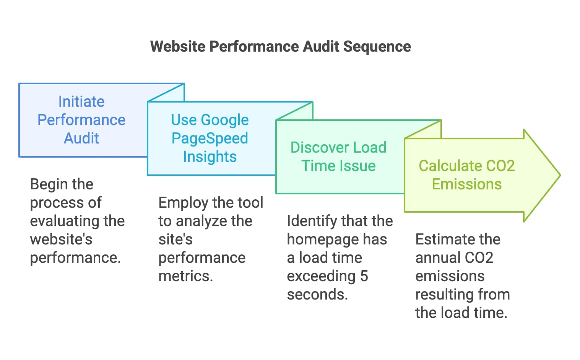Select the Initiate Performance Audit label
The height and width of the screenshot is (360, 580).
(x=81, y=120)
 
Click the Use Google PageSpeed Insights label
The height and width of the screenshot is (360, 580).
(x=210, y=138)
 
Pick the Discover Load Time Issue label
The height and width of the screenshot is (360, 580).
(x=338, y=156)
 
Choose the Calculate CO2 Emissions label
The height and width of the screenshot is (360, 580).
(x=466, y=175)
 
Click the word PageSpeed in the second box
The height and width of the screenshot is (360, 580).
(x=210, y=138)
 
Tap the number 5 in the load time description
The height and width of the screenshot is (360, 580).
(x=364, y=276)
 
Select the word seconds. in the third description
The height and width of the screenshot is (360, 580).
(x=317, y=294)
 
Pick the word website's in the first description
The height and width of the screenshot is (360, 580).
(x=61, y=239)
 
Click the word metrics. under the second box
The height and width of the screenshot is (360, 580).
(x=185, y=276)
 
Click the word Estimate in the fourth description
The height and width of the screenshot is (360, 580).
(x=441, y=239)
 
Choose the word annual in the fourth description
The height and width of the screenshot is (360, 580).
(x=432, y=257)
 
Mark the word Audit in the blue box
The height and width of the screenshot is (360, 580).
(x=81, y=138)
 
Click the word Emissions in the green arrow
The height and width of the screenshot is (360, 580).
(x=466, y=184)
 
